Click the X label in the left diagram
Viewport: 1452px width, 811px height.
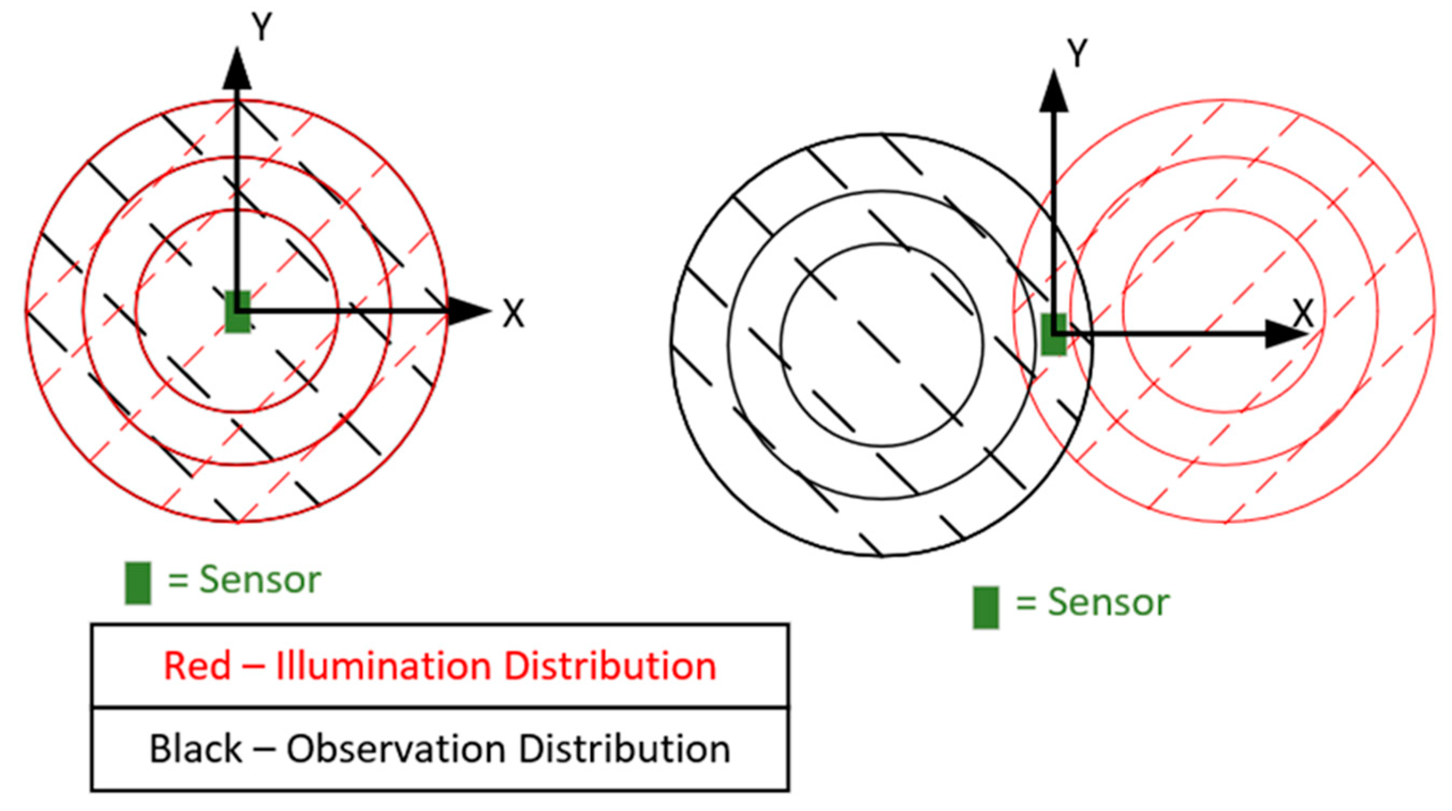(513, 314)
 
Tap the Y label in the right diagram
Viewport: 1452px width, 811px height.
(1077, 54)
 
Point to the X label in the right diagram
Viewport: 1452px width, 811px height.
(1302, 314)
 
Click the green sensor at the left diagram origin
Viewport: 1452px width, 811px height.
(238, 311)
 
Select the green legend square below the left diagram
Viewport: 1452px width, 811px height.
(138, 583)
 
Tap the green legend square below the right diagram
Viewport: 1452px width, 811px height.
(986, 607)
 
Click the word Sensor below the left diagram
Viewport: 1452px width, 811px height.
(261, 579)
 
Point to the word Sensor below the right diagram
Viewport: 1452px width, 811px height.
(1108, 603)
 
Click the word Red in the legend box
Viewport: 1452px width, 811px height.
(197, 666)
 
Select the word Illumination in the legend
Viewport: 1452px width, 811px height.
(383, 666)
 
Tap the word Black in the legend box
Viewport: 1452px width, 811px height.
(195, 749)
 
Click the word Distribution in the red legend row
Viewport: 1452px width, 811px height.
(610, 666)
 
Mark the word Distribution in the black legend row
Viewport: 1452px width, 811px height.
(624, 749)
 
